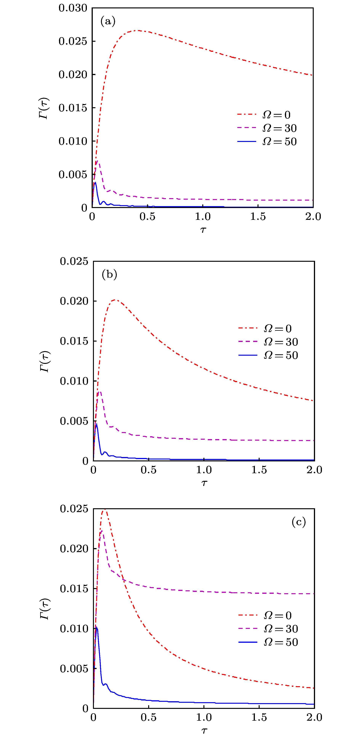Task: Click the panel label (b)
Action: pos(109,275)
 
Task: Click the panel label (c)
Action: pos(298,522)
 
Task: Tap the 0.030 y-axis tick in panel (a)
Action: pos(73,8)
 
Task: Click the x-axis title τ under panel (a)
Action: pos(203,230)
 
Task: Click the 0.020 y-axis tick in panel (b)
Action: pos(74,301)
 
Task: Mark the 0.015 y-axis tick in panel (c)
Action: pos(74,589)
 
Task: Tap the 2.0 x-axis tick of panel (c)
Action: pos(314,718)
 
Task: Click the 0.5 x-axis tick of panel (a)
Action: pos(147,217)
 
